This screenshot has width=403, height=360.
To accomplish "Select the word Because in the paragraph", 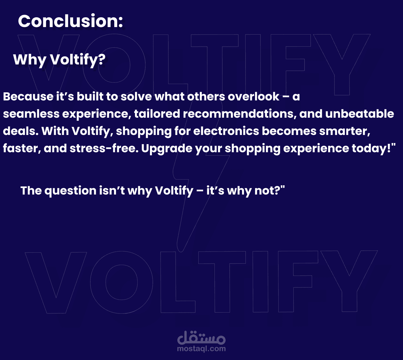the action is pyautogui.click(x=28, y=96).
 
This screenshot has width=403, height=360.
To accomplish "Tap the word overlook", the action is pyautogui.click(x=253, y=96).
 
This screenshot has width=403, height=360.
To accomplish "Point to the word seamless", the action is pyautogui.click(x=31, y=114).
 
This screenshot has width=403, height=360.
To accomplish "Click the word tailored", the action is pyautogui.click(x=157, y=114).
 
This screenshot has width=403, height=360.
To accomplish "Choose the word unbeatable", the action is pyautogui.click(x=360, y=114).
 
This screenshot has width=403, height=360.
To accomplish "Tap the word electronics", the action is pyautogui.click(x=226, y=131).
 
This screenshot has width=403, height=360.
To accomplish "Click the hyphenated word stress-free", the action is pyautogui.click(x=104, y=148).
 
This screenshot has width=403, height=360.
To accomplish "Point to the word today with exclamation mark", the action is pyautogui.click(x=372, y=149).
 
